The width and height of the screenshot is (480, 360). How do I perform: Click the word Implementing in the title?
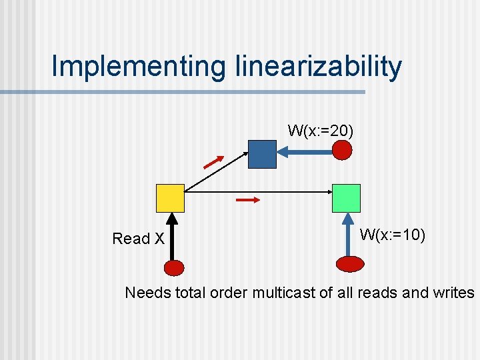pyautogui.click(x=139, y=67)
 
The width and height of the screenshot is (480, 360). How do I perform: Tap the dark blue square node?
pyautogui.click(x=262, y=154)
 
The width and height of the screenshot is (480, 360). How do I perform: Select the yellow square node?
pyautogui.click(x=169, y=198)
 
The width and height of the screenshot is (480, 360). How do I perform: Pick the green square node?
pyautogui.click(x=346, y=198)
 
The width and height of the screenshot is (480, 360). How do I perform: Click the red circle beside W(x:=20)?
pyautogui.click(x=342, y=151)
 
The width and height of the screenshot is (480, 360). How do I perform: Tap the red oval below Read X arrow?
pyautogui.click(x=173, y=268)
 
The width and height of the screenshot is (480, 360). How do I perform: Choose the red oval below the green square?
pyautogui.click(x=350, y=264)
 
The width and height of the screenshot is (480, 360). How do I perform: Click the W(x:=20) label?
pyautogui.click(x=321, y=130)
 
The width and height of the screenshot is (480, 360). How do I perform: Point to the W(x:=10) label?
pyautogui.click(x=393, y=235)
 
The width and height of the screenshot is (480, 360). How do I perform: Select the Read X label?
pyautogui.click(x=138, y=239)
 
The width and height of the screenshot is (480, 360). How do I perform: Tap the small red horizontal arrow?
pyautogui.click(x=247, y=199)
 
